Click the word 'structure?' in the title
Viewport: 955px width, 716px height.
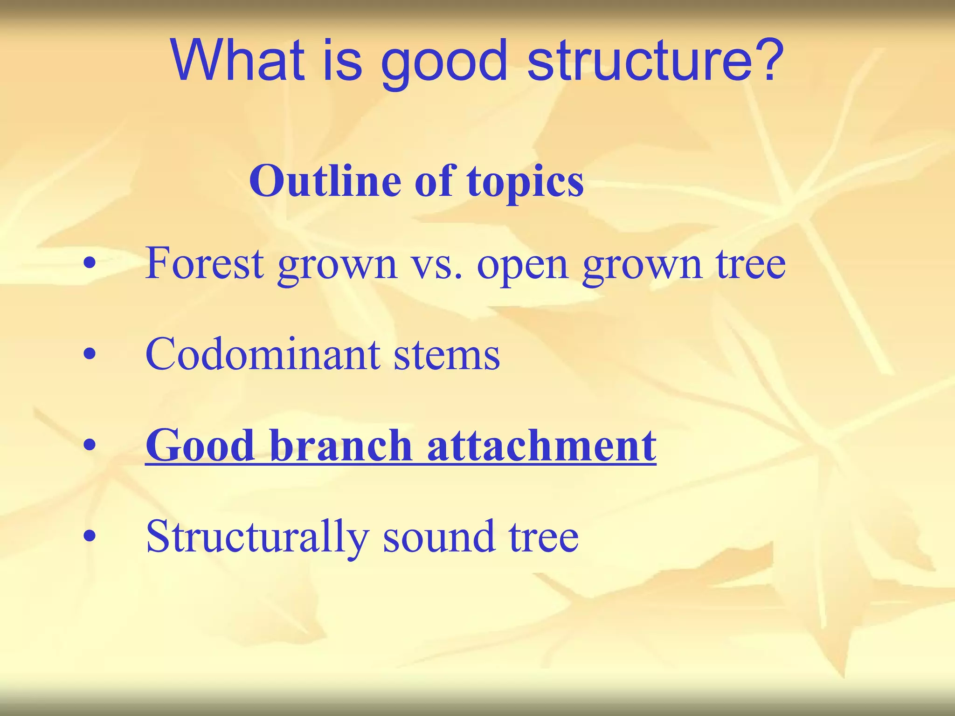655,61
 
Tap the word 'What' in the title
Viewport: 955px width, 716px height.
237,61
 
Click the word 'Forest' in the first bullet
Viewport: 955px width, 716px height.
205,263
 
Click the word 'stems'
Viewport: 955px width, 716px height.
446,355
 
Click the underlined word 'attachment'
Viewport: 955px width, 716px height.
541,445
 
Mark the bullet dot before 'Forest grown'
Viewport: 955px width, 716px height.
90,264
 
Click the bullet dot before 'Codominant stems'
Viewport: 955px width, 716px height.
90,355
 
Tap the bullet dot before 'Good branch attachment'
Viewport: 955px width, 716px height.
90,446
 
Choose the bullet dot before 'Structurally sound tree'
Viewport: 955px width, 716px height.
90,537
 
